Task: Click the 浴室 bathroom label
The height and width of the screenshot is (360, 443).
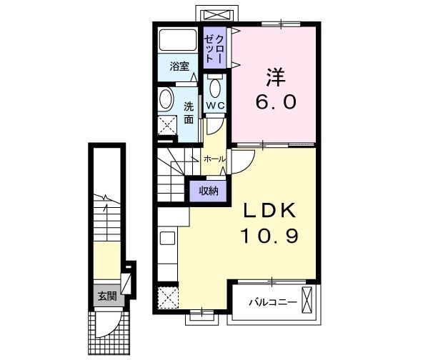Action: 179,66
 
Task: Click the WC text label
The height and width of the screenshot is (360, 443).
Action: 216,106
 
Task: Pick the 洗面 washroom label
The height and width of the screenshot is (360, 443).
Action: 189,113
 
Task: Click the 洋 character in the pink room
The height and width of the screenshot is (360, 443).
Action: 274,76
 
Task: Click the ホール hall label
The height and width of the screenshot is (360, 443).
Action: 214,159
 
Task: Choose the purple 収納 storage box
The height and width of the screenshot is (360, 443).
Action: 208,190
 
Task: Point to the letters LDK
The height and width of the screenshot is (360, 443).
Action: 271,211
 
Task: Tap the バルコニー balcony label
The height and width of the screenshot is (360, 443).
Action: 272,302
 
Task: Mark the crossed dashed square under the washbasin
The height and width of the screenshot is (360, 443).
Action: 166,126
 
